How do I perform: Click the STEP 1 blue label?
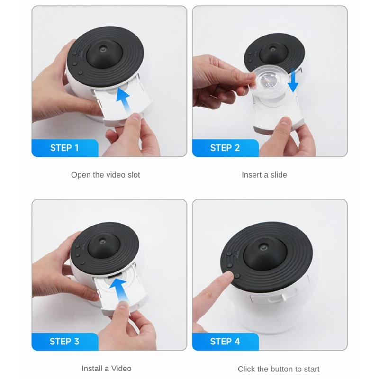coord(65,148)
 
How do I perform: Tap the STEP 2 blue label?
coord(226,148)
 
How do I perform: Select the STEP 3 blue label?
coord(65,342)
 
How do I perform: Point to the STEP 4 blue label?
coord(226,342)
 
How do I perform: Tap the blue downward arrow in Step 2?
coord(293,80)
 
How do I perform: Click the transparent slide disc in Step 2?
coord(268,81)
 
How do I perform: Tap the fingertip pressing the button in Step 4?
coord(228,276)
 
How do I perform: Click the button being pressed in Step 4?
coord(237,276)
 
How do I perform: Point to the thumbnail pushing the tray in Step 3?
coord(124,305)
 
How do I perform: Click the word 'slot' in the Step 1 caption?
coord(134,175)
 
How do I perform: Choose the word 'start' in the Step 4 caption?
coord(311,369)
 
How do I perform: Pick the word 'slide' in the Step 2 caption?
coord(279,175)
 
